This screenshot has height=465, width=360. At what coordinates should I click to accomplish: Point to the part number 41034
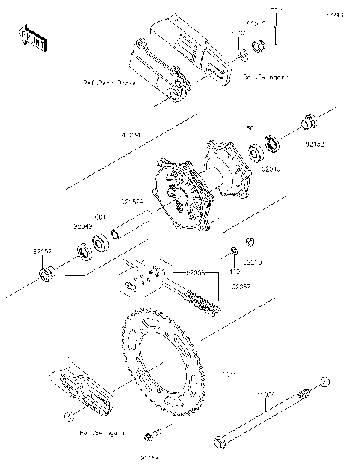130,136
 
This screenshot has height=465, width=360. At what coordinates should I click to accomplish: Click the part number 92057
240,286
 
